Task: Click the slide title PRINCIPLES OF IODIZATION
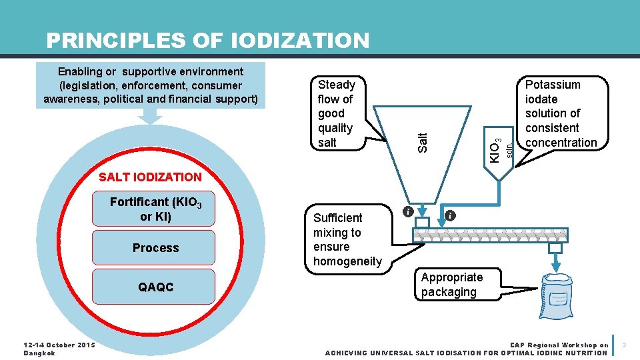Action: [207, 41]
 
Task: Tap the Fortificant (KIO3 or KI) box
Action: [155, 209]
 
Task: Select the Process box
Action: [155, 248]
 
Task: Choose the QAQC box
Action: [155, 287]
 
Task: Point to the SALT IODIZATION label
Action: [149, 177]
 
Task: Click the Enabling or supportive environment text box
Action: [151, 85]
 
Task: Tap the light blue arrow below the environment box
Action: [151, 116]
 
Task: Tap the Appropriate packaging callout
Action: [457, 285]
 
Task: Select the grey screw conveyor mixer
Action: [490, 235]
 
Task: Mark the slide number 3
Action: [624, 345]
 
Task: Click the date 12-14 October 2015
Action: [59, 345]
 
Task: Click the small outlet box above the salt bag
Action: [555, 248]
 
